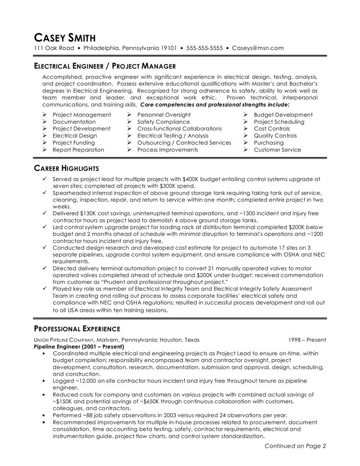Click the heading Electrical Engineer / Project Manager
[101, 65]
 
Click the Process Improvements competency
[167, 149]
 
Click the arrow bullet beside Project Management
[44, 115]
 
